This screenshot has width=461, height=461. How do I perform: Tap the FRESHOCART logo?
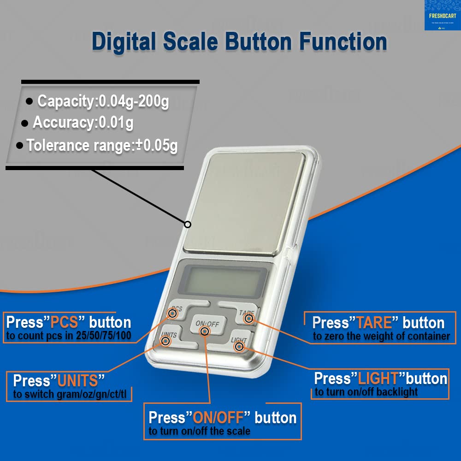click(x=442, y=15)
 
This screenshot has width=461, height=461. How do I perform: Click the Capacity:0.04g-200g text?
click(x=103, y=101)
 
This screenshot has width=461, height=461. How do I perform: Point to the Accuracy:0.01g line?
click(x=83, y=123)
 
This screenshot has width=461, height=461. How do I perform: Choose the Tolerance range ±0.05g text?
click(x=102, y=146)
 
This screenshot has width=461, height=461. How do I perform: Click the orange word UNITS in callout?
click(x=78, y=381)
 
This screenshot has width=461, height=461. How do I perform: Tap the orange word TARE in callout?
click(x=374, y=323)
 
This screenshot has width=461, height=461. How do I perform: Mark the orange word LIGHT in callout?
click(x=378, y=378)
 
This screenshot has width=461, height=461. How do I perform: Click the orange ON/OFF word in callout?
click(x=217, y=418)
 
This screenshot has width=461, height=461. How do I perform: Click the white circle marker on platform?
click(x=188, y=225)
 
